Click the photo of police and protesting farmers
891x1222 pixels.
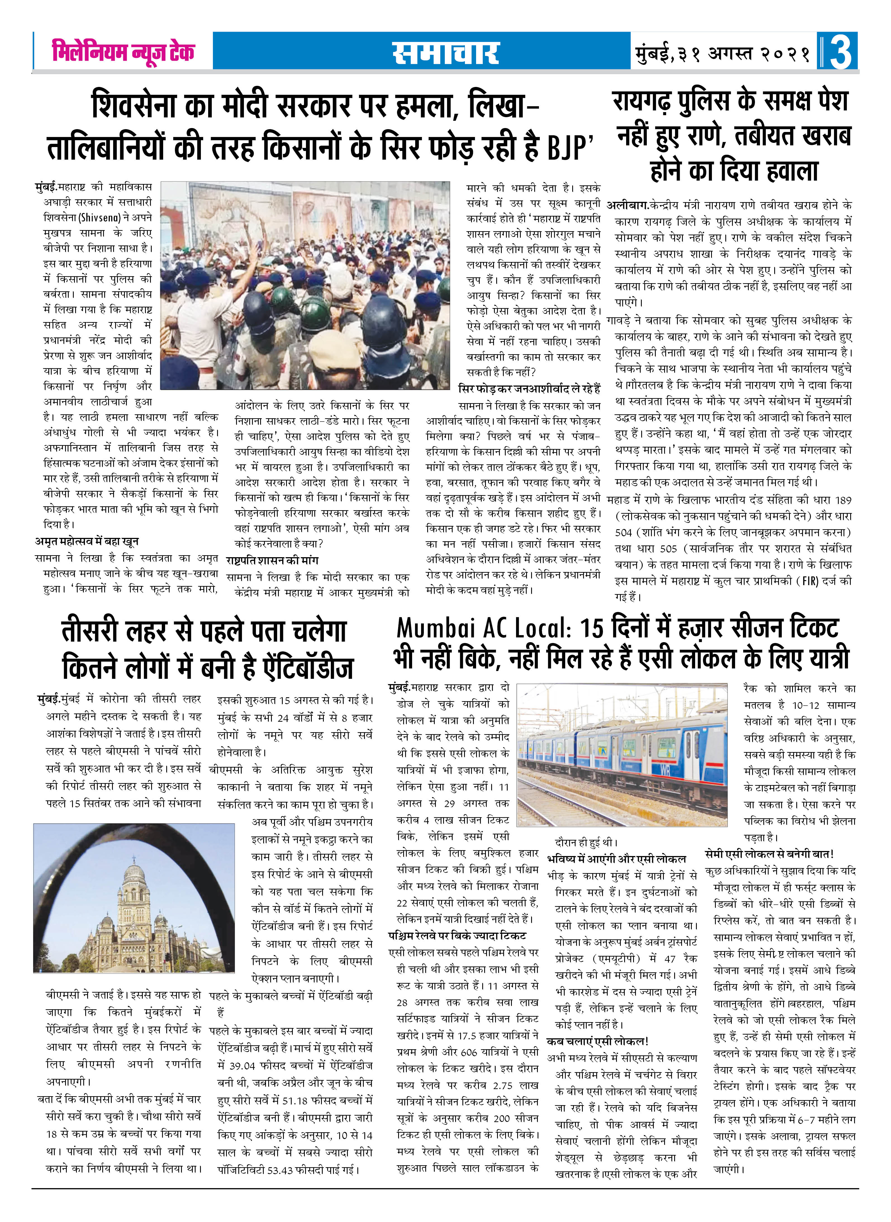pos(305,285)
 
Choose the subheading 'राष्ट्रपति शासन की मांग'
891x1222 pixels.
pos(272,560)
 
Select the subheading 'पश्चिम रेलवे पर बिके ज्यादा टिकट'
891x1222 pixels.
pos(457,935)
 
